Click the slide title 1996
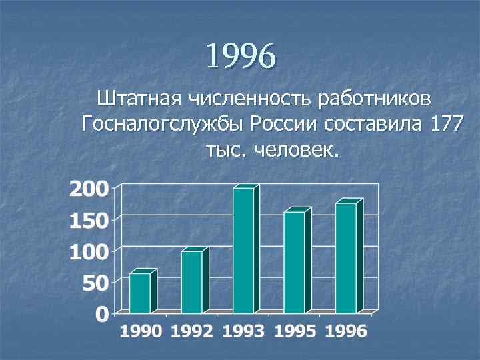point(240,56)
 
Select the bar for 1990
point(140,293)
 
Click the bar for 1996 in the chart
point(346,258)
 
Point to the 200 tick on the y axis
point(89,189)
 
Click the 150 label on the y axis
point(89,221)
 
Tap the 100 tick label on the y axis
point(89,252)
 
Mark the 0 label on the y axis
point(102,314)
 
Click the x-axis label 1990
point(141,331)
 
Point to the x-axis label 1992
point(192,331)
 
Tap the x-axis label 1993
point(243,331)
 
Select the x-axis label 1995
point(295,331)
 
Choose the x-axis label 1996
point(346,331)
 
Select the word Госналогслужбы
point(161,125)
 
